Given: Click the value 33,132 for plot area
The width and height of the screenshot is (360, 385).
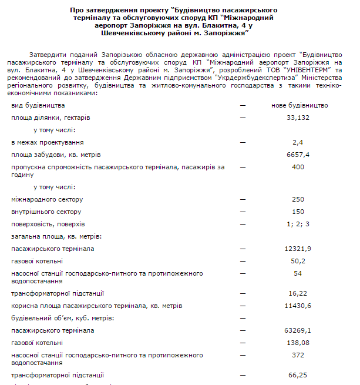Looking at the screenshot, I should [298, 118].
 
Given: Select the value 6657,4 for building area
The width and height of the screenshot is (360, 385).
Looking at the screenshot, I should [298, 155].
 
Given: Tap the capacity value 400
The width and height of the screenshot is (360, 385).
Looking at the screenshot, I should [298, 168].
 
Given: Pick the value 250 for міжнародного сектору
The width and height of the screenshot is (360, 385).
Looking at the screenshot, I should [298, 199].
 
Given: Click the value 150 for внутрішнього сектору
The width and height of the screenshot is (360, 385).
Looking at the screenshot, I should [298, 212].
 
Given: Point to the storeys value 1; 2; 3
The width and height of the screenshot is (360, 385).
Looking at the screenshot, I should [298, 224].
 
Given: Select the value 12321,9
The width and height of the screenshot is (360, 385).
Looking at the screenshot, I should [298, 249].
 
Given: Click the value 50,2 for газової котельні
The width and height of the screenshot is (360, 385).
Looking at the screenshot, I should [298, 261].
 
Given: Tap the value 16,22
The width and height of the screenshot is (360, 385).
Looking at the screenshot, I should [298, 293].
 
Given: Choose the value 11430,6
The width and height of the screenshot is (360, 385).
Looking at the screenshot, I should [298, 306].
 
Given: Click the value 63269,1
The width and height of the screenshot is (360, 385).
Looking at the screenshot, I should [298, 330].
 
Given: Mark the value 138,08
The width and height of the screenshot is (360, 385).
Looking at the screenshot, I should [298, 343].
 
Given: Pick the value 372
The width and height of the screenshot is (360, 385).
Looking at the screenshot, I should [298, 355].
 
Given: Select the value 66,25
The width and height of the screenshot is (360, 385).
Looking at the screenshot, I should [298, 374].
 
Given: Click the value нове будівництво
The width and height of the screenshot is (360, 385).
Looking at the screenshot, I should [300, 105].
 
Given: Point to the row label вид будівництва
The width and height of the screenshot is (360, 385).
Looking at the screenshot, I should [38, 105].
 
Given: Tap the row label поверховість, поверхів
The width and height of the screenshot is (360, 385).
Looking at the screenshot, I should [48, 224].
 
